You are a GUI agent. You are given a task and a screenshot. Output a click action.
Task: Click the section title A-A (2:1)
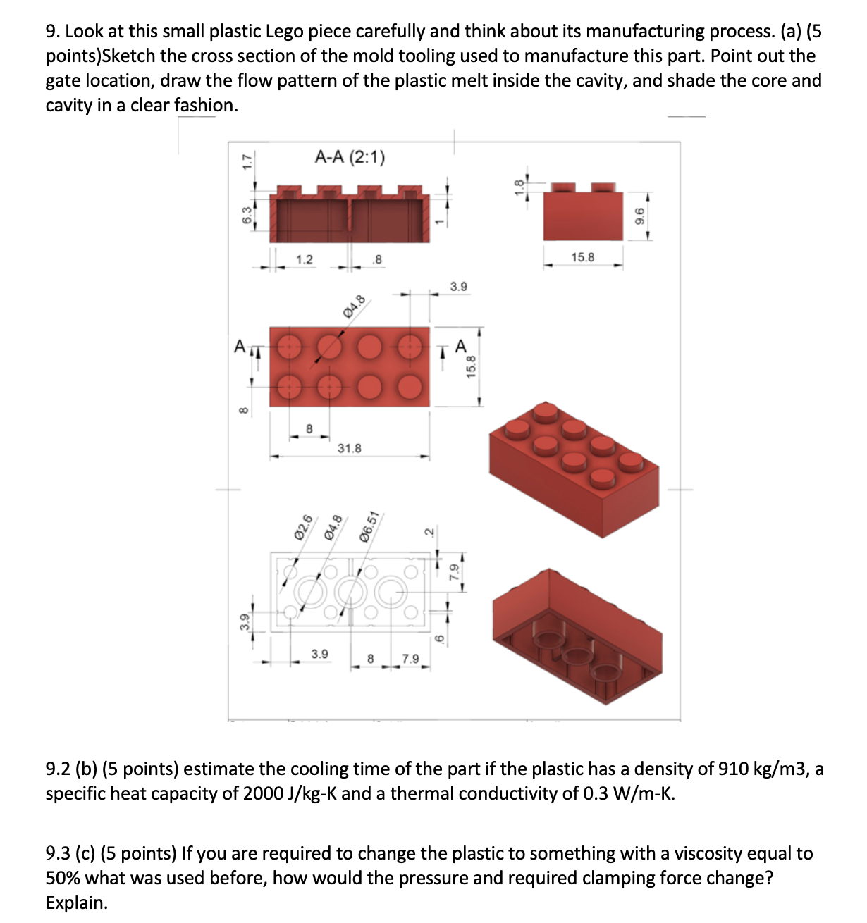pos(350,156)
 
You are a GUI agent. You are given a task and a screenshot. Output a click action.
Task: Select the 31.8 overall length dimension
pos(349,448)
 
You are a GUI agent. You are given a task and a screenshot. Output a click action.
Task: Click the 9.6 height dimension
pos(640,215)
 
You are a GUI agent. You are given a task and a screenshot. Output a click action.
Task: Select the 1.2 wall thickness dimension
pos(304,259)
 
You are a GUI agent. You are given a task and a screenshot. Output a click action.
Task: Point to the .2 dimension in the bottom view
pos(427,530)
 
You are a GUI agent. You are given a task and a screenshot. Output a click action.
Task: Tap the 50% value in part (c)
pos(63,878)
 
